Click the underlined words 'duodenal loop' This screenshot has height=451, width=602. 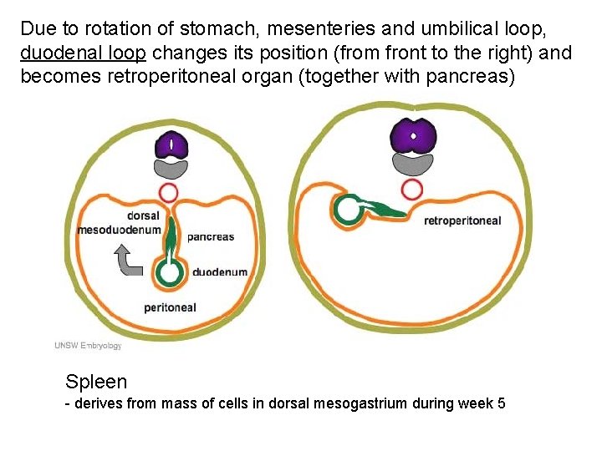83,54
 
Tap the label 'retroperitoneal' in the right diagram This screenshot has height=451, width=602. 462,220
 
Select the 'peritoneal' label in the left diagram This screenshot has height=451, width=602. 170,307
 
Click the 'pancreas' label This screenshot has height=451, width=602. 211,236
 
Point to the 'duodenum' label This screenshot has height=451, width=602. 220,272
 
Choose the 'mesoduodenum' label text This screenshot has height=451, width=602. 118,230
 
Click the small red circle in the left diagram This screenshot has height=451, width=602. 169,193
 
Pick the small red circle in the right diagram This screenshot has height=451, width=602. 411,189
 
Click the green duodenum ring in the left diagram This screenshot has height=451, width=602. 171,272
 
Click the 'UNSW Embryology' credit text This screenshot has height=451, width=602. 88,346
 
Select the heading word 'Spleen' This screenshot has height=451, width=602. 96,383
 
